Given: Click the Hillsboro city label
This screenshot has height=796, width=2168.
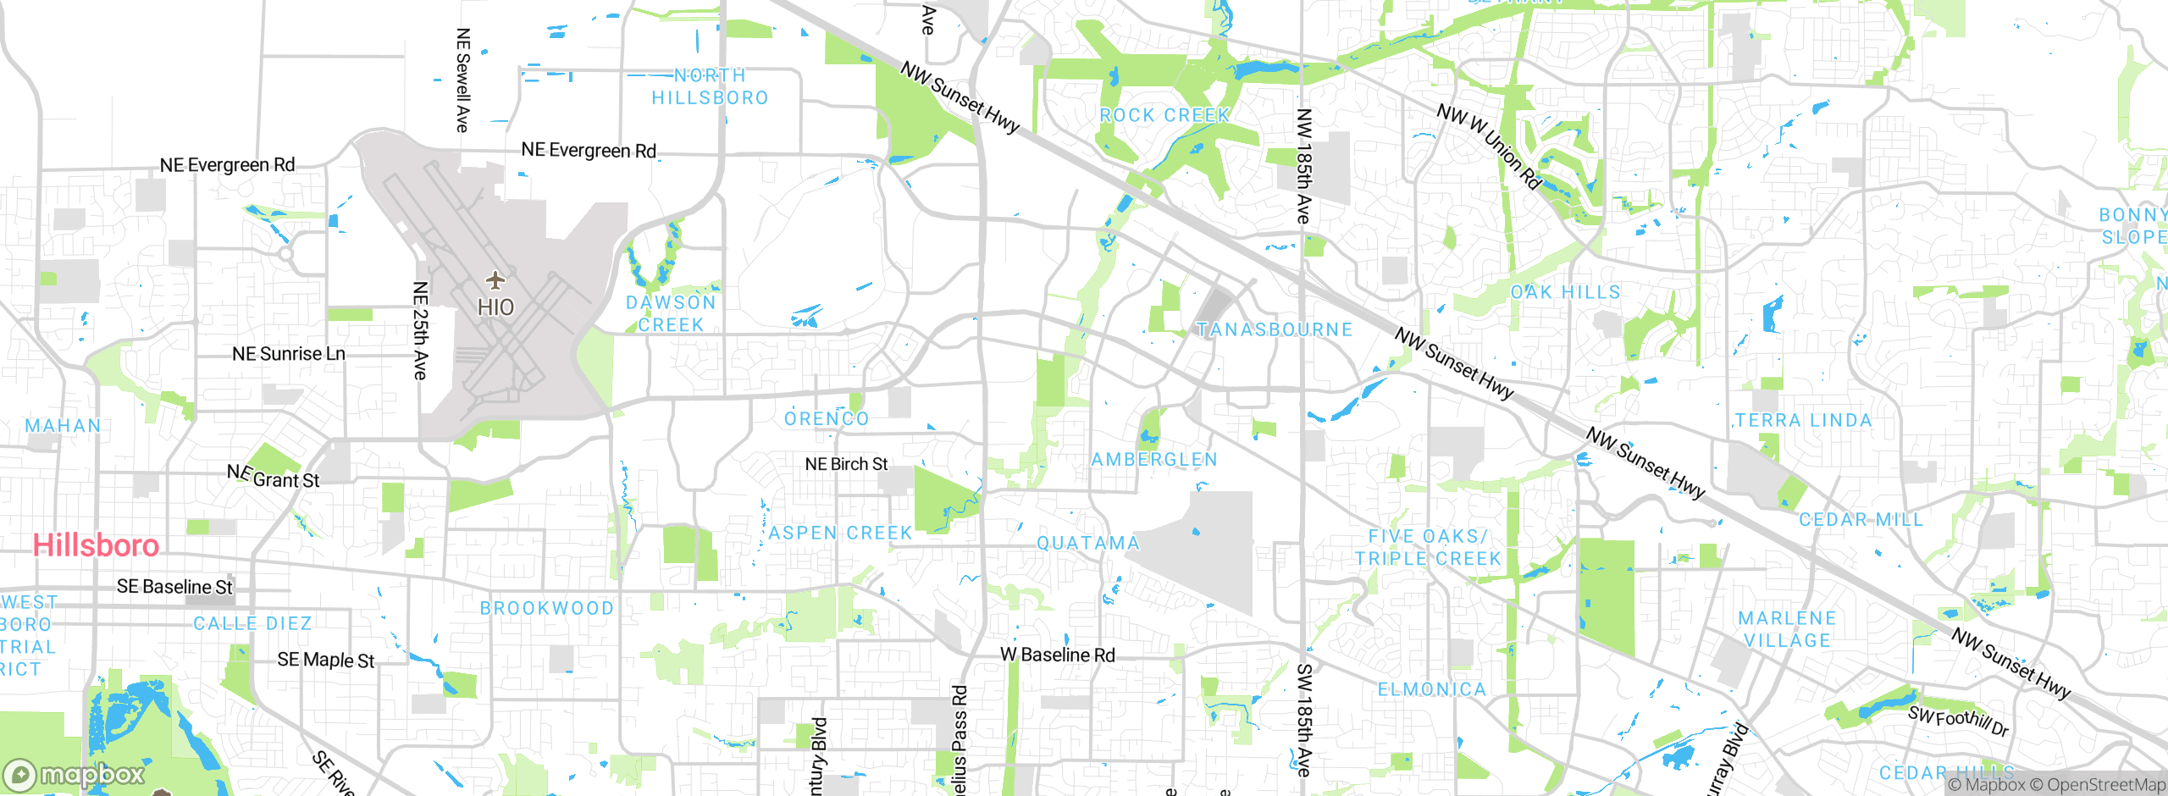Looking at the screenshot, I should [x=96, y=545].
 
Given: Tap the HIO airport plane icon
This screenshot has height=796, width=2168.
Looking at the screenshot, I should [x=495, y=279].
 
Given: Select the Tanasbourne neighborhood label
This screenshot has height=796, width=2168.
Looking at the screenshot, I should [x=1275, y=329].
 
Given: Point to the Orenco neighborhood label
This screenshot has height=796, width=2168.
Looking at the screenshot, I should [x=827, y=418].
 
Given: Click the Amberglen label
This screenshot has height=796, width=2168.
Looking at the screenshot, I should [x=1154, y=459].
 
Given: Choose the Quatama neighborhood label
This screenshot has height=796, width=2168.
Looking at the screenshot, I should [x=1088, y=543].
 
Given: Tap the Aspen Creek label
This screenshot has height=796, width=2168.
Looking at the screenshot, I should [x=840, y=533].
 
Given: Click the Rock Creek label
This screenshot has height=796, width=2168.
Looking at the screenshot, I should [x=1164, y=115].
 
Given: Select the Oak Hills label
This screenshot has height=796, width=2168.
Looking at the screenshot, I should [x=1565, y=292].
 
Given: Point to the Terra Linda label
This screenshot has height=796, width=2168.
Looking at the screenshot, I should [x=1803, y=420].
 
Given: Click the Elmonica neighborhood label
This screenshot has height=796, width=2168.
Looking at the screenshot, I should [x=1432, y=689].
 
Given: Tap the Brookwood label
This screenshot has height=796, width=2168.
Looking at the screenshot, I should [x=546, y=608].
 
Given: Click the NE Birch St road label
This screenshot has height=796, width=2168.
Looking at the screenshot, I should [x=846, y=464].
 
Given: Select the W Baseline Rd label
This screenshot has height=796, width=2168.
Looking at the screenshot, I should [x=1058, y=655].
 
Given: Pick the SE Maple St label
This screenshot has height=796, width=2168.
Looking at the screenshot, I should [x=326, y=660].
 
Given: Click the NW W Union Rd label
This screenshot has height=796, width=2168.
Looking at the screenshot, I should [x=1489, y=146].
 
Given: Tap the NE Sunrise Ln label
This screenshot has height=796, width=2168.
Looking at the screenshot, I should [x=289, y=354].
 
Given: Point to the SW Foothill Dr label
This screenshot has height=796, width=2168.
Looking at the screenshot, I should [x=1958, y=721].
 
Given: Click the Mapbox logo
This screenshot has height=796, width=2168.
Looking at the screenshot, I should [x=75, y=775].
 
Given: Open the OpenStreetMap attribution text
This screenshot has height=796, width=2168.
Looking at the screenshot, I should [x=2105, y=785].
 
